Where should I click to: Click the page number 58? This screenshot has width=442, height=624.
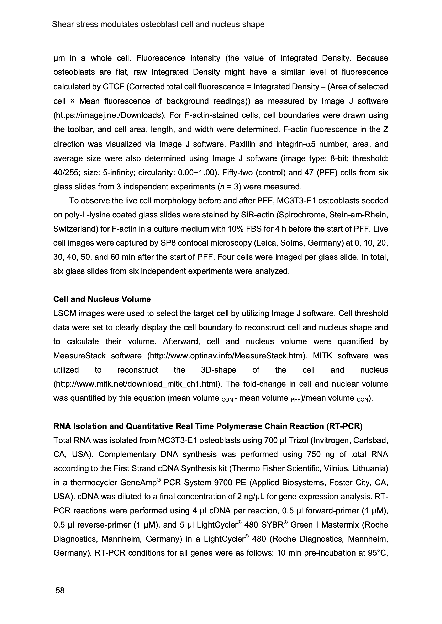[60, 590]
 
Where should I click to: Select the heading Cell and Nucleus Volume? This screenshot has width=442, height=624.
[102, 299]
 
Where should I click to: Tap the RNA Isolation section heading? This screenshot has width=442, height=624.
[208, 426]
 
